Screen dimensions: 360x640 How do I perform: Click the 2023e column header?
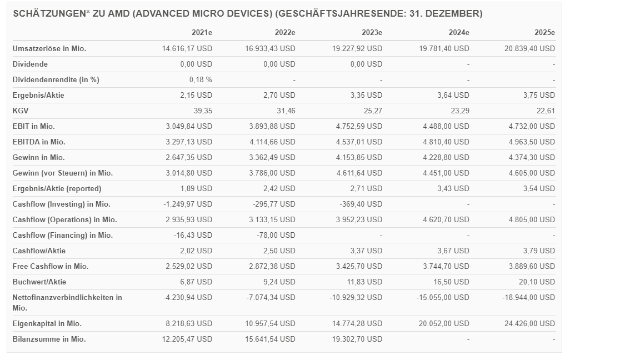[372, 33]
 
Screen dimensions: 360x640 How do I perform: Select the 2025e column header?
[544, 33]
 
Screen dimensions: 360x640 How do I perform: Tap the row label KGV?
[21, 111]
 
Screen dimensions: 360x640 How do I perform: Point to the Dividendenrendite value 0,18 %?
[201, 79]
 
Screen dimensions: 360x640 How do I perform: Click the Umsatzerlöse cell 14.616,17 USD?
[187, 48]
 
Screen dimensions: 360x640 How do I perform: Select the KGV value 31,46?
[284, 111]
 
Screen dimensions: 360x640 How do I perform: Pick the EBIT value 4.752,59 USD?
[359, 126]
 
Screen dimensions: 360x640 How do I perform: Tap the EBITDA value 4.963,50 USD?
[531, 142]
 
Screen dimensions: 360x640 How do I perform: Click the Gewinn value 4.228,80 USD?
[445, 157]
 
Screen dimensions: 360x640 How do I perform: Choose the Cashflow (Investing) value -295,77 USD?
[274, 204]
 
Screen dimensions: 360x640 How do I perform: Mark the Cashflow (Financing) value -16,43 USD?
[193, 235]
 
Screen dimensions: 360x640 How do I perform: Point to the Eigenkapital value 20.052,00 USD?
[443, 323]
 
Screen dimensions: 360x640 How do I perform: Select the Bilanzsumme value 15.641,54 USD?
[271, 339]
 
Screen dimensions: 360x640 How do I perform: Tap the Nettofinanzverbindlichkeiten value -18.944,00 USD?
[528, 297]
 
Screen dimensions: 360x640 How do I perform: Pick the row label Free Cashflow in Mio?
[51, 266]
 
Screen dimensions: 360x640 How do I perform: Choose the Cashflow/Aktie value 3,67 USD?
[453, 251]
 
